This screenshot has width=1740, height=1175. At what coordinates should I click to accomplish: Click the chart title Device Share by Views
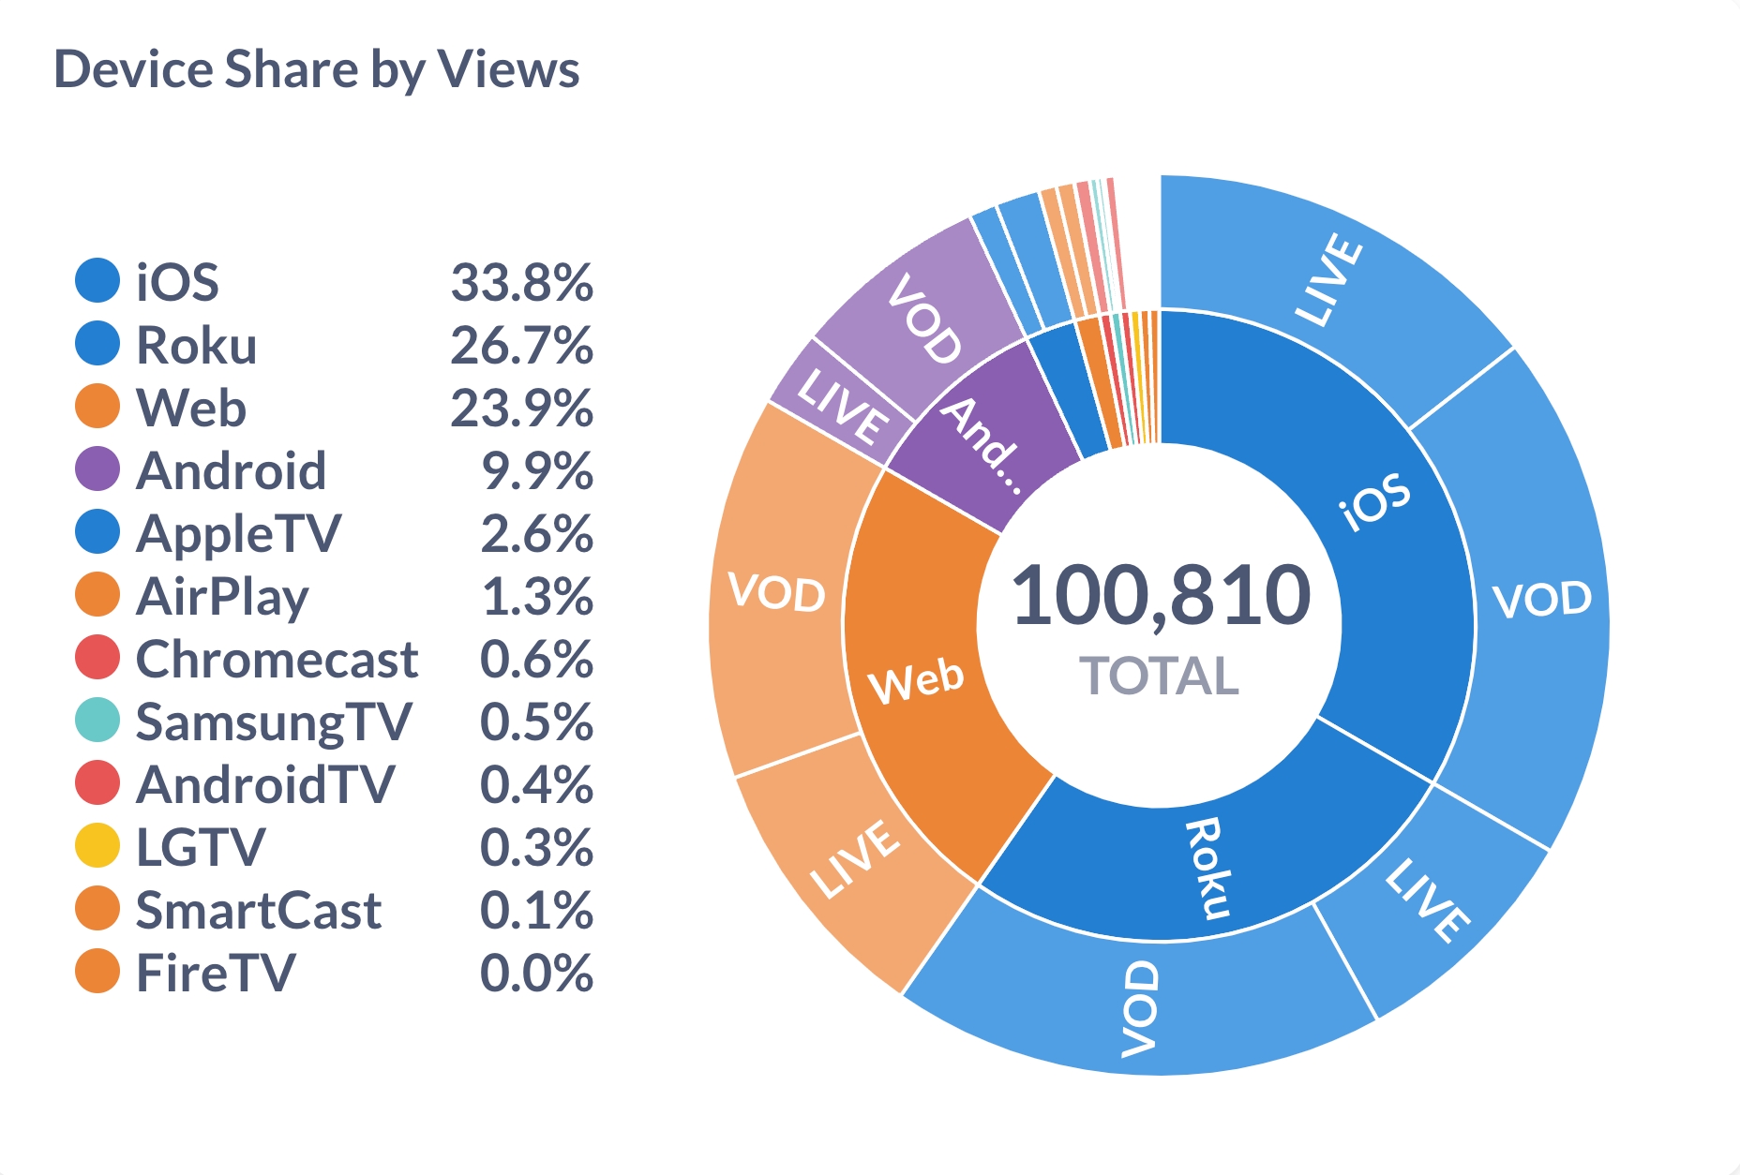[x=317, y=70]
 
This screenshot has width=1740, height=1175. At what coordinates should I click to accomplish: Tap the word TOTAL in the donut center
[x=1159, y=676]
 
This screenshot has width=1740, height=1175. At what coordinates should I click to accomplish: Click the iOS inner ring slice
[x=1350, y=525]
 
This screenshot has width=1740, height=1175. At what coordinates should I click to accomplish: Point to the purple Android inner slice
[x=984, y=440]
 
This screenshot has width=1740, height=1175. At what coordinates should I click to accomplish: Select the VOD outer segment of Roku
[x=1139, y=1007]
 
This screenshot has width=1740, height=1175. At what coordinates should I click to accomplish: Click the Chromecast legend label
[x=277, y=660]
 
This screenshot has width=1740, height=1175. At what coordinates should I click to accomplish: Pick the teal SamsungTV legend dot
[x=97, y=721]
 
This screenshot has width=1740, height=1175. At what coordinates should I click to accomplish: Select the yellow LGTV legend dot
[x=97, y=846]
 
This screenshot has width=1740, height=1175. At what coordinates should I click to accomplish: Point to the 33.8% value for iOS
[x=522, y=282]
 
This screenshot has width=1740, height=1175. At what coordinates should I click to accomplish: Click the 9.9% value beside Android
[x=537, y=470]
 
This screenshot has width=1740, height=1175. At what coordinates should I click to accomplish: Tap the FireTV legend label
[x=216, y=973]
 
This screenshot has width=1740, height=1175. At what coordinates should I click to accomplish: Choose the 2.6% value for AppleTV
[x=537, y=533]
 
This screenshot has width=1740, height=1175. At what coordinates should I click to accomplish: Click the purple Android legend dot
[x=97, y=469]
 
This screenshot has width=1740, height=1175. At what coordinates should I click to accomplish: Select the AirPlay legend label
[x=222, y=597]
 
